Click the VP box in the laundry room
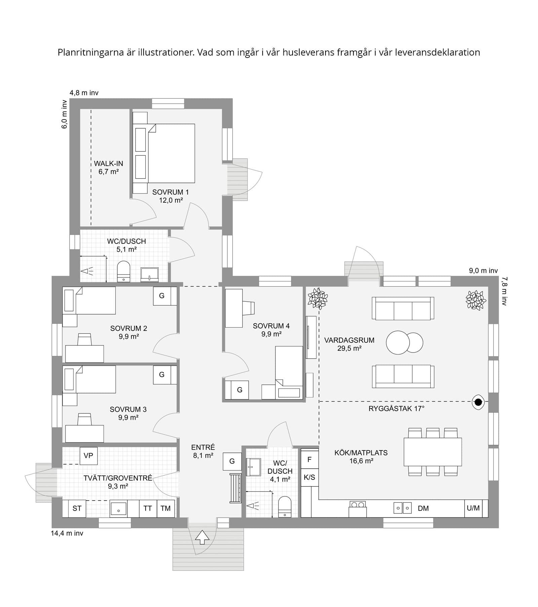click(x=88, y=456)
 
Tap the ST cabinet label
click(x=77, y=508)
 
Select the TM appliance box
click(x=165, y=508)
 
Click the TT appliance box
click(x=148, y=508)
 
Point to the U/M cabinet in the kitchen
click(x=473, y=508)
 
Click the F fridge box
click(x=309, y=459)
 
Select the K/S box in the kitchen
click(x=309, y=477)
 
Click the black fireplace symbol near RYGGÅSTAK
click(x=478, y=401)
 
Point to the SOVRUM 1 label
click(x=170, y=192)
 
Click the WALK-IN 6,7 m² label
click(x=108, y=167)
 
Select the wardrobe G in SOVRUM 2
click(x=162, y=296)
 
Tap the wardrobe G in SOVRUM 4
click(x=239, y=390)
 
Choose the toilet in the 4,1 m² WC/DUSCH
click(x=285, y=507)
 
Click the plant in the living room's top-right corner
click(x=475, y=300)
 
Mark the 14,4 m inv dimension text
click(x=67, y=533)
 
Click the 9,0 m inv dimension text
click(x=483, y=270)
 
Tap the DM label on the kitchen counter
click(x=423, y=508)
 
